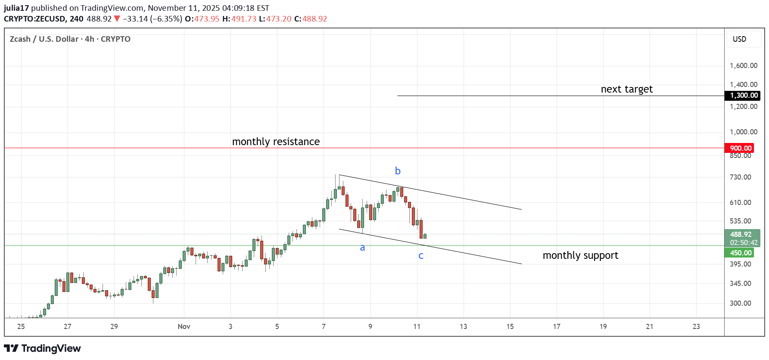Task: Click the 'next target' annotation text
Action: coord(626,89)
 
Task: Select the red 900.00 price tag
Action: coord(740,148)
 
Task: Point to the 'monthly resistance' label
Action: coord(276,142)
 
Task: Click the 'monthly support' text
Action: coord(580,255)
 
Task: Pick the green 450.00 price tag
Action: coord(740,253)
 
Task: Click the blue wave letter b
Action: coord(398,171)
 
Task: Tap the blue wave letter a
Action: coord(362,248)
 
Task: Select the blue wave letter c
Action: coord(421,256)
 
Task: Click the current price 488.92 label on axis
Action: coord(741,235)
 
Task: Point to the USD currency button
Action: coord(739,39)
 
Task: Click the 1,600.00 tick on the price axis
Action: coord(743,65)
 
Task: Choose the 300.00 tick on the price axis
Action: coord(740,303)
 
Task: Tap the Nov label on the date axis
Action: coord(184,326)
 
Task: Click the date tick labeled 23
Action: coord(696,326)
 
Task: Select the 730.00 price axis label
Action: coord(740,177)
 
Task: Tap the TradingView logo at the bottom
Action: coord(43,348)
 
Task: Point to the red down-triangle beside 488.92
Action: coord(117,19)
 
